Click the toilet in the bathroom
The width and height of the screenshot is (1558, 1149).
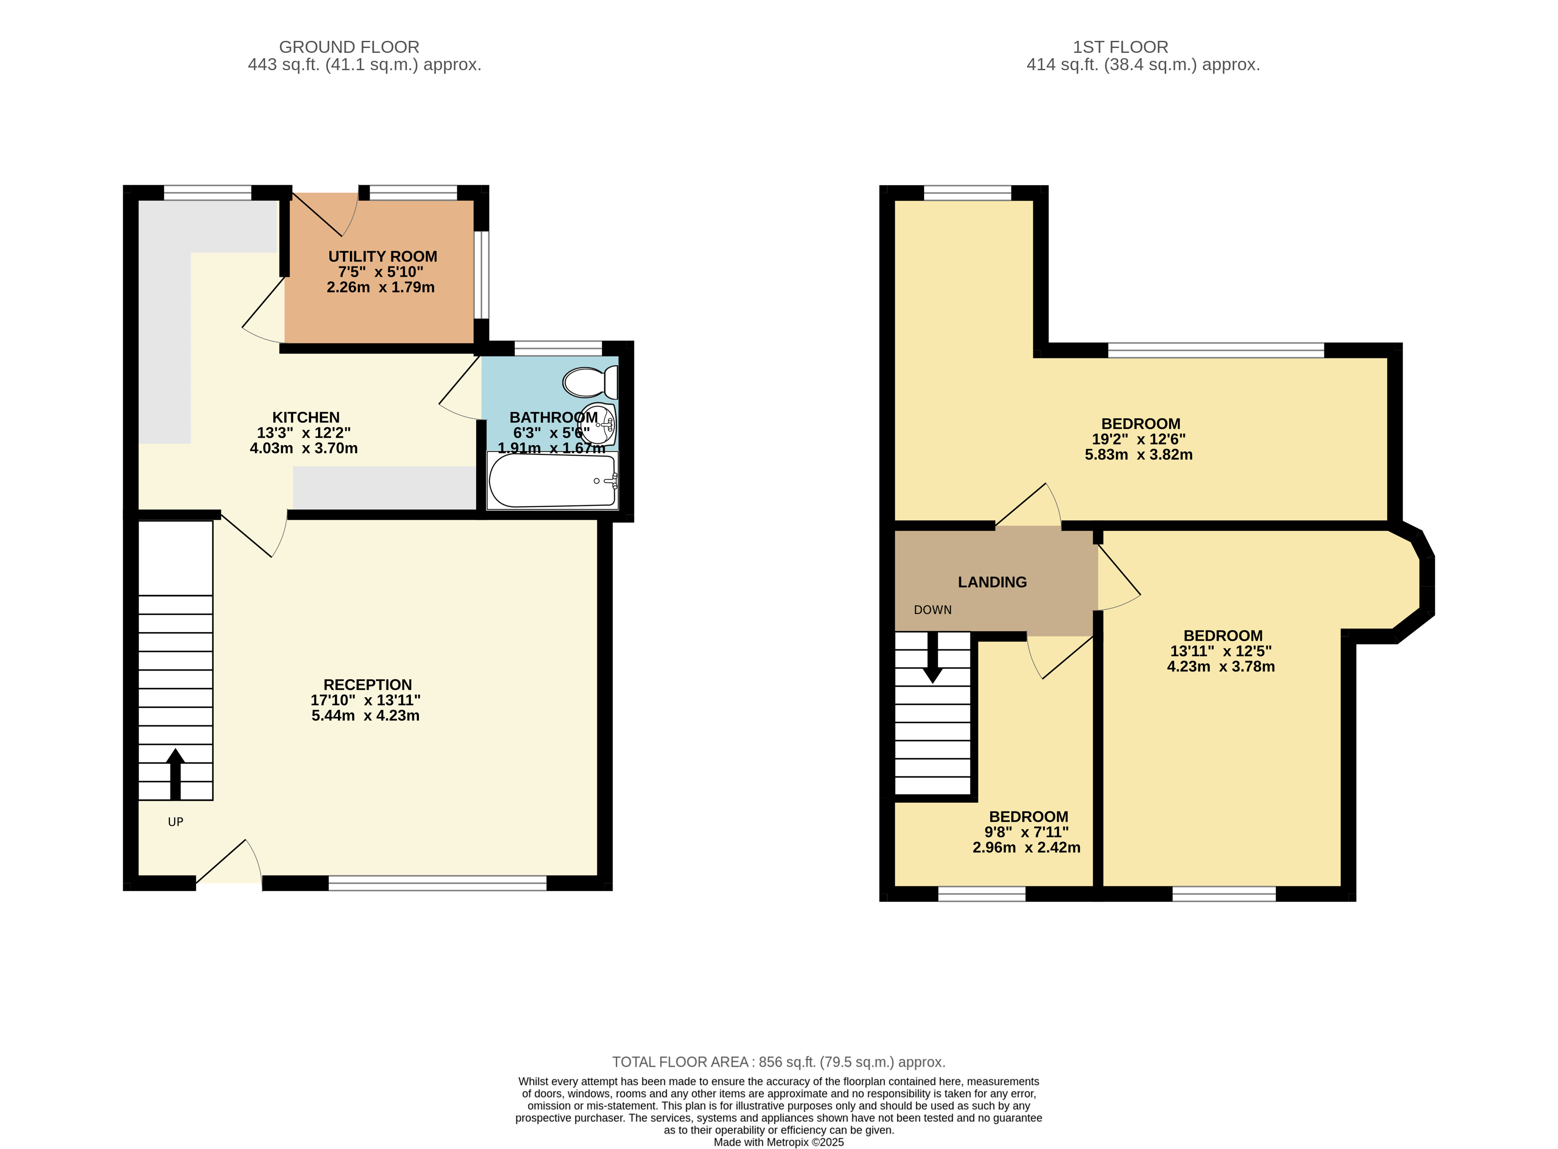click(590, 382)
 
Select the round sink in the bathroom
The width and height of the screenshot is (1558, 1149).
click(598, 424)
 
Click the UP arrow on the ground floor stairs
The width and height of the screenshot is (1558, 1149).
click(175, 774)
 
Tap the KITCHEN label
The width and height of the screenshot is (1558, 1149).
click(306, 417)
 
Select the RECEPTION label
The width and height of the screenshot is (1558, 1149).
click(367, 684)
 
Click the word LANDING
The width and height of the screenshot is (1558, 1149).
click(992, 582)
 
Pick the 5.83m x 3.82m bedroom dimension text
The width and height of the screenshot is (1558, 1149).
click(1139, 455)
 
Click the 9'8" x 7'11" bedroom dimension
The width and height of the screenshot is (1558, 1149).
click(1027, 832)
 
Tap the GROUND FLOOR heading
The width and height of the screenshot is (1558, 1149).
click(349, 47)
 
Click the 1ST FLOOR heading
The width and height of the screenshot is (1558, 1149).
click(1120, 47)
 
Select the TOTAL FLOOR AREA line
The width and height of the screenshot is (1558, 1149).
click(778, 1062)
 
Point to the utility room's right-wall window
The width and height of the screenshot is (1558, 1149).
click(481, 275)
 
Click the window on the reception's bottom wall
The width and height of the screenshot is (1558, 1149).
click(438, 883)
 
